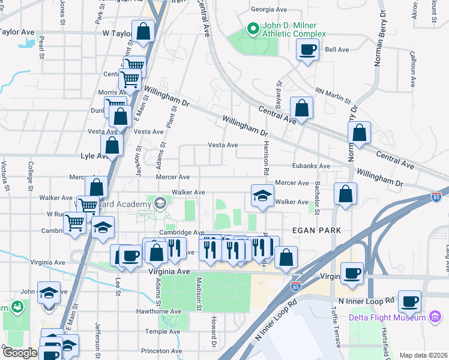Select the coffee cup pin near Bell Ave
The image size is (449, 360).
coord(307,50)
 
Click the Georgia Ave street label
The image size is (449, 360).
coord(269,10)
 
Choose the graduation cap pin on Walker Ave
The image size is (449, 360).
coord(262,196)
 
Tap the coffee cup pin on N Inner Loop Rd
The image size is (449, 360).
coord(410,302)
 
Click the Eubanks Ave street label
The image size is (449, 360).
coord(312,166)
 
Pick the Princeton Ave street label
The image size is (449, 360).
coord(161,350)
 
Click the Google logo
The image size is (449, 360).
coord(20,353)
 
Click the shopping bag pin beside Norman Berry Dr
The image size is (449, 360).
coord(359,134)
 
